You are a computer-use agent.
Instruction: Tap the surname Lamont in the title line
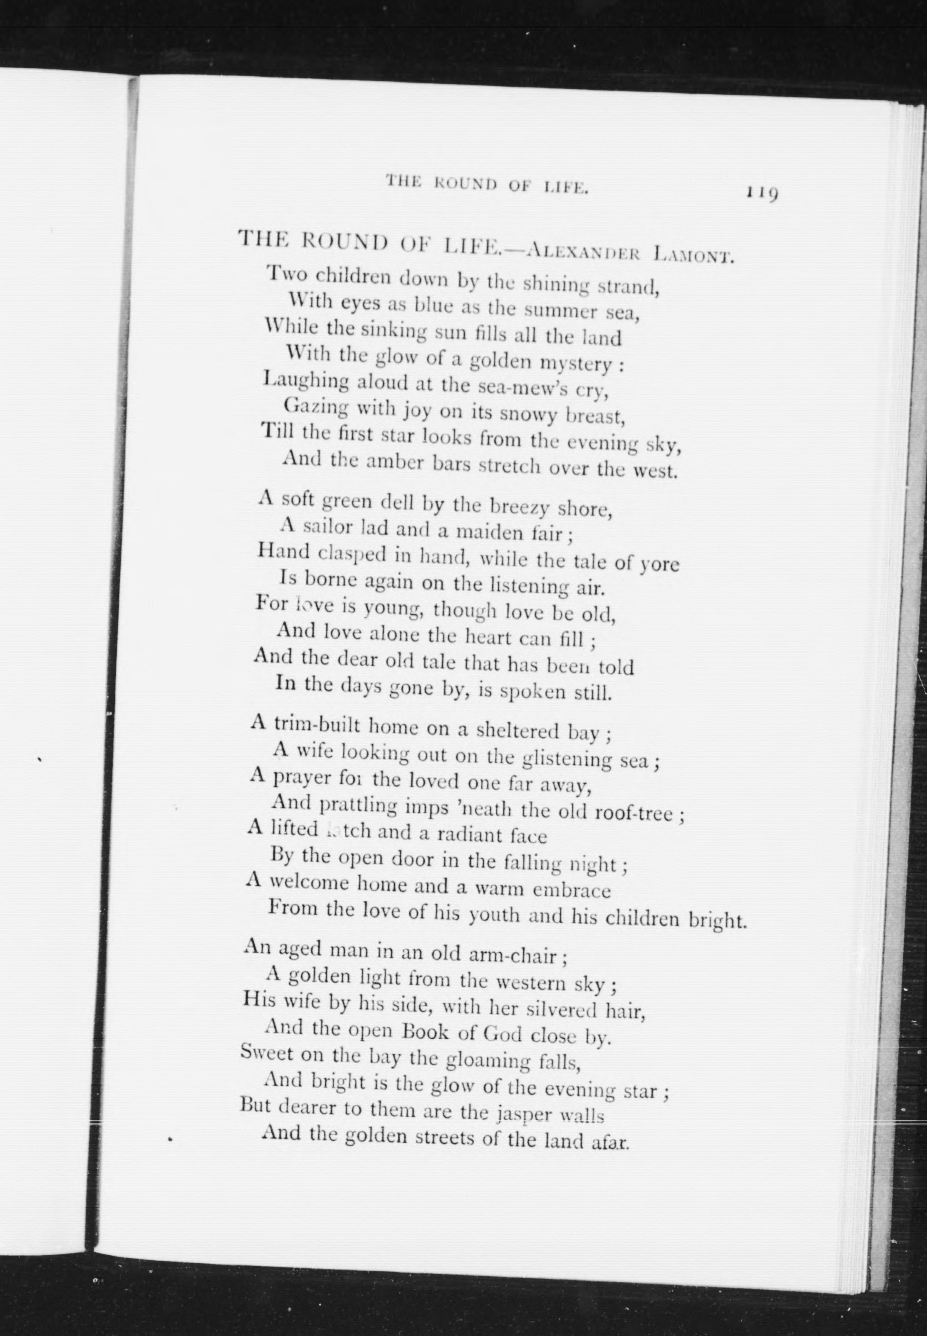[x=694, y=254]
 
